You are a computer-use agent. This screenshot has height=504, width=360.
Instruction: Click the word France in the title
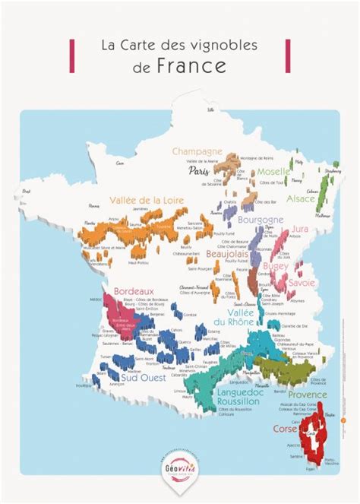click(191, 65)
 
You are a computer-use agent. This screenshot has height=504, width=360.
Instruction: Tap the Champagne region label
click(197, 151)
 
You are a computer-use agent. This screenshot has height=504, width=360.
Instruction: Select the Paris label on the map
click(198, 172)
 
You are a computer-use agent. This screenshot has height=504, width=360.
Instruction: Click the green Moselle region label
click(273, 173)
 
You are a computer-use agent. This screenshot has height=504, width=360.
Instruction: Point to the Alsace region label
click(301, 198)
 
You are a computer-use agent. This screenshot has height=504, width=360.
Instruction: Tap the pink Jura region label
click(302, 228)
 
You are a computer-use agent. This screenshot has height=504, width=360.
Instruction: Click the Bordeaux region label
click(134, 290)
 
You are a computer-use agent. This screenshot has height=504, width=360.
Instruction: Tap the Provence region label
click(307, 395)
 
